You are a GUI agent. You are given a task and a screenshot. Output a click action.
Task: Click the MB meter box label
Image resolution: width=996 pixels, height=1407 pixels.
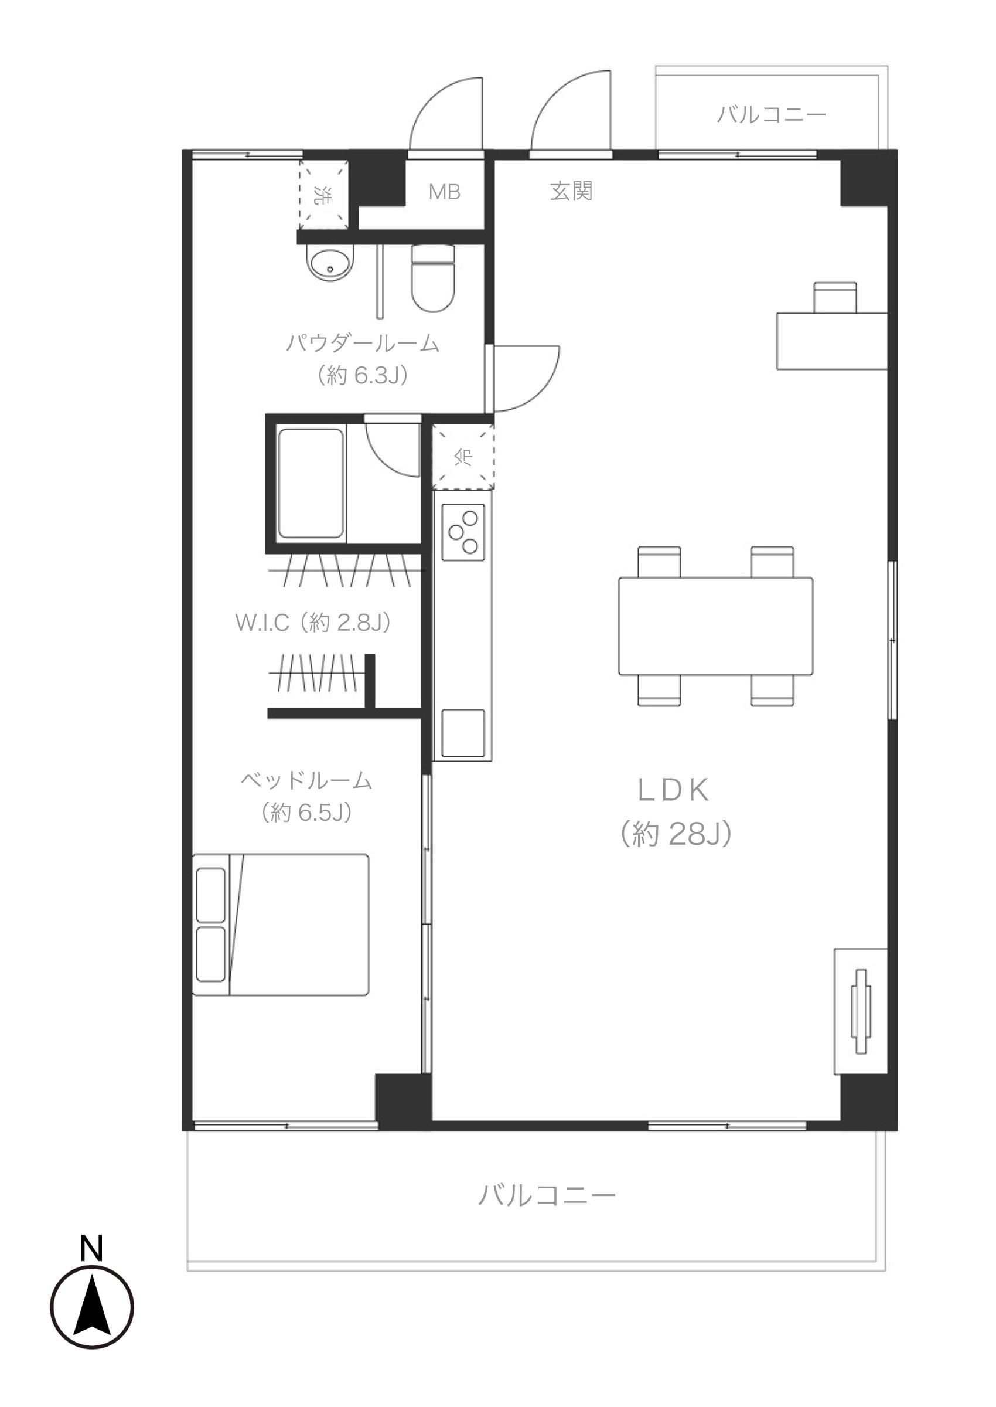pos(444,192)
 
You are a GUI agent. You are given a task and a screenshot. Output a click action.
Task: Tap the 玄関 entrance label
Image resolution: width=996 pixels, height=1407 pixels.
pos(571,192)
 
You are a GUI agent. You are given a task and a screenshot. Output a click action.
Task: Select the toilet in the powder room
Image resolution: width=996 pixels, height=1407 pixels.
pos(433,278)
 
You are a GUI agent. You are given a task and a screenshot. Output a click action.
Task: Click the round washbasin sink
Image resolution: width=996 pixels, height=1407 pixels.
pos(330,264)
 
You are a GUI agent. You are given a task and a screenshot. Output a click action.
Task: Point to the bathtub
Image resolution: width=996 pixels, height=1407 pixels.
pos(311,484)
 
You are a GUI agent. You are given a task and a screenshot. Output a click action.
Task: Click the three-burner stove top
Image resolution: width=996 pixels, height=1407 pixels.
pos(463,532)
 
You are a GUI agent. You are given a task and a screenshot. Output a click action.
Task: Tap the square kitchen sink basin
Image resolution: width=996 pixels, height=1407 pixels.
pos(463,733)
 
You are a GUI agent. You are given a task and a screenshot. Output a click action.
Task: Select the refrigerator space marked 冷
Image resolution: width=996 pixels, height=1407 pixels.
pos(463,457)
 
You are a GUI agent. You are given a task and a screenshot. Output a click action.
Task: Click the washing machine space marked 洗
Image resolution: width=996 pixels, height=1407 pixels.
pos(323,195)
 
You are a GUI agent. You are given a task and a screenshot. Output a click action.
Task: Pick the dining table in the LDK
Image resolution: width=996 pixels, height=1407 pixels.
pos(716,626)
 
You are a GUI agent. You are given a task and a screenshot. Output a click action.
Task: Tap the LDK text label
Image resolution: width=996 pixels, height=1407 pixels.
pos(673,790)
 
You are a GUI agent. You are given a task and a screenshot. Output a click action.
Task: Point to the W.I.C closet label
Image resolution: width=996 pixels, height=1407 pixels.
pos(313,622)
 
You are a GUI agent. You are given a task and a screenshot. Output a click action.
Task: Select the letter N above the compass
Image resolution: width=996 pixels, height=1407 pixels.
pos(91,1248)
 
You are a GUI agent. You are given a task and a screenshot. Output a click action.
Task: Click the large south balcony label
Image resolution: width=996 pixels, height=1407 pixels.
pos(547,1195)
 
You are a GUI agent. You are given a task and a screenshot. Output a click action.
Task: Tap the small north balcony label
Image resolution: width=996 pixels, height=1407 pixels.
pos(772,114)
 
